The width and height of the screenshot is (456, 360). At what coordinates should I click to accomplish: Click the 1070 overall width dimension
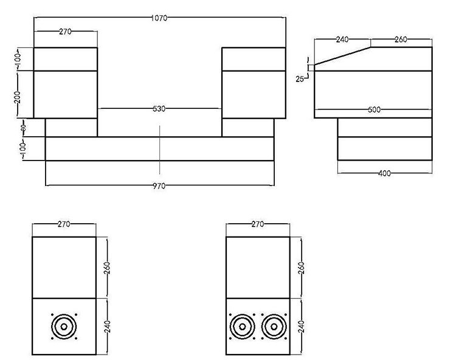click(x=159, y=18)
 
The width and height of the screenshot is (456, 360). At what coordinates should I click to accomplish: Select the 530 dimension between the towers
click(x=159, y=109)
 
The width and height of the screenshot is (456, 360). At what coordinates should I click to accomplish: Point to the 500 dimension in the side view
click(x=374, y=110)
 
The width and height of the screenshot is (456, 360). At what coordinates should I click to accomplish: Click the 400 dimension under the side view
click(x=384, y=173)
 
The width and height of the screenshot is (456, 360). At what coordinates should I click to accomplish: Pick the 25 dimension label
click(x=300, y=78)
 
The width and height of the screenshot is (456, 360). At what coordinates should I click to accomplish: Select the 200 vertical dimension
click(x=18, y=95)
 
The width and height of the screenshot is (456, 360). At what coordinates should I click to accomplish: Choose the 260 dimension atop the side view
click(x=400, y=40)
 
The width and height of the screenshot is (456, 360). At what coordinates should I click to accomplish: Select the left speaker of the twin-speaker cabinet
click(x=241, y=327)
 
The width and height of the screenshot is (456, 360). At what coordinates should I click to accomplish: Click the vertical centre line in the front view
click(x=159, y=149)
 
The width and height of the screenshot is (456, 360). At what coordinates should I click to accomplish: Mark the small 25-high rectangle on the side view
click(x=311, y=68)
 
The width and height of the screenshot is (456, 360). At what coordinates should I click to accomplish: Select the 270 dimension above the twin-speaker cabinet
click(x=257, y=224)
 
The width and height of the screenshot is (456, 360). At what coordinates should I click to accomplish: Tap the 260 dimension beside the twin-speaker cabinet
click(x=301, y=268)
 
